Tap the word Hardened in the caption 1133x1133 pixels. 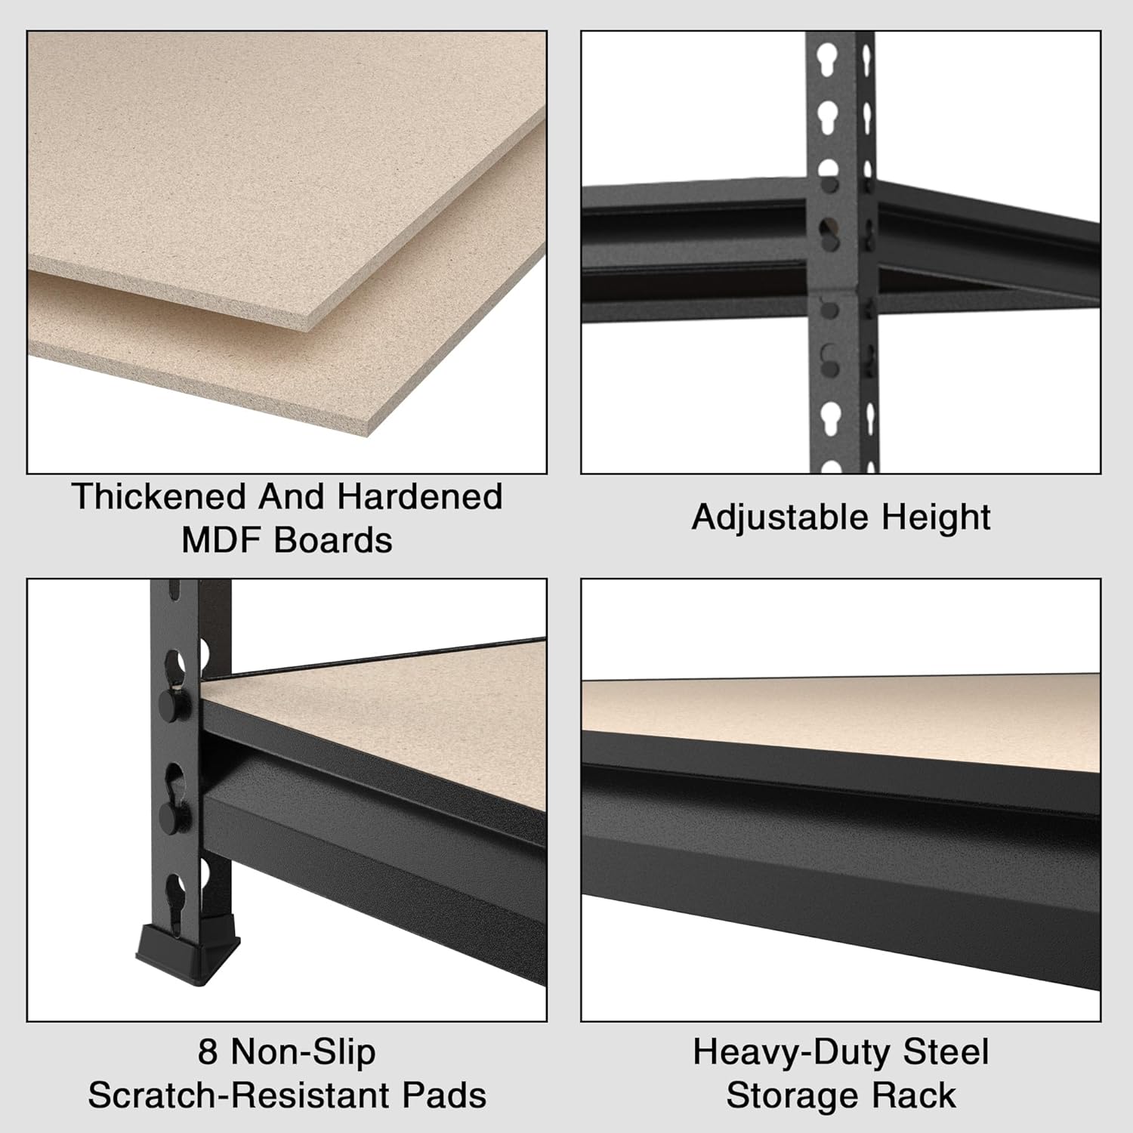tap(419, 497)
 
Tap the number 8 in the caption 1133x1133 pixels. tap(207, 1052)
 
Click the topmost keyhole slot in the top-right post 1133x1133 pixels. tap(829, 56)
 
